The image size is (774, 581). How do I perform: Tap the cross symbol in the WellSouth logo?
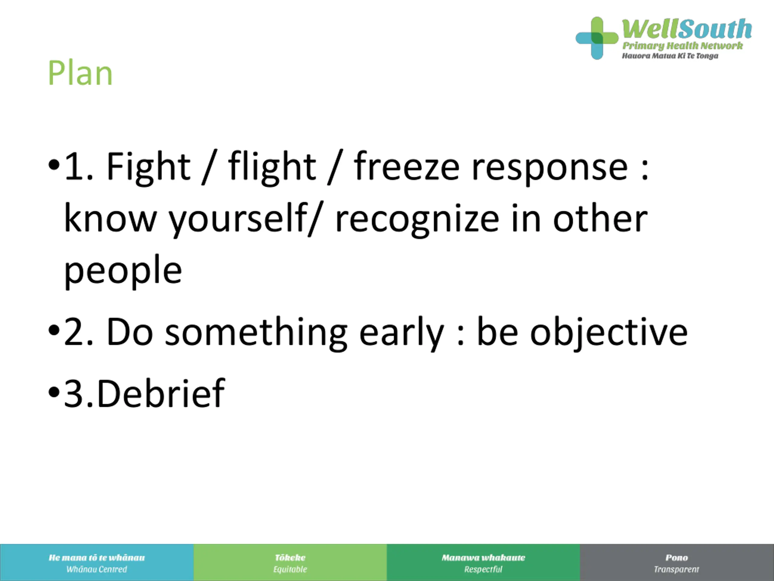coord(597,38)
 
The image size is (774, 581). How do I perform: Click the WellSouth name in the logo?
coord(687,29)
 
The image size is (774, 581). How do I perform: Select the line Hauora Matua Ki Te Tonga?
coord(670,56)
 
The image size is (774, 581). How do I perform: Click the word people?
coord(123,271)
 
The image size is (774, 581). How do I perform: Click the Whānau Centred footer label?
coord(96,569)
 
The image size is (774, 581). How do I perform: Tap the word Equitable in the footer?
coord(290,570)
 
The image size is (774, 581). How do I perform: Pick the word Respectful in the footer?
coord(483,570)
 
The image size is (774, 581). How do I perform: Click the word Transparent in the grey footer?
coord(676,570)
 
